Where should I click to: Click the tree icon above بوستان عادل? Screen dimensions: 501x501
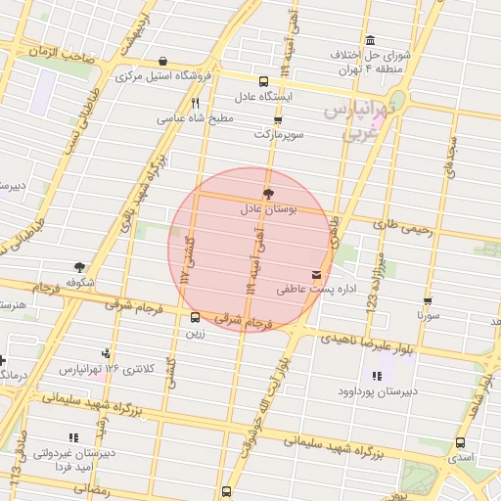[x=268, y=194]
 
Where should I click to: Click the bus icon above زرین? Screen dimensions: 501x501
[x=195, y=317]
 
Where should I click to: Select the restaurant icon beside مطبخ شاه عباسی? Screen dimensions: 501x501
[x=196, y=103]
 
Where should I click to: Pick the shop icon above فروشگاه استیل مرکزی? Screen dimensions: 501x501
[x=161, y=61]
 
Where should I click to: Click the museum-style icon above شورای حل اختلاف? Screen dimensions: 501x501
[x=370, y=40]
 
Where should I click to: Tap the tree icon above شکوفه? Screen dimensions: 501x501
[x=79, y=266]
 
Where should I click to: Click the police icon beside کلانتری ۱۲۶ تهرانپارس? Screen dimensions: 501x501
[x=106, y=354]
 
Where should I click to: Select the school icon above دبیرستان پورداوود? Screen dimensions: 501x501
[x=377, y=376]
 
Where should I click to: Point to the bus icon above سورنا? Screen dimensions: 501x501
[x=428, y=302]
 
